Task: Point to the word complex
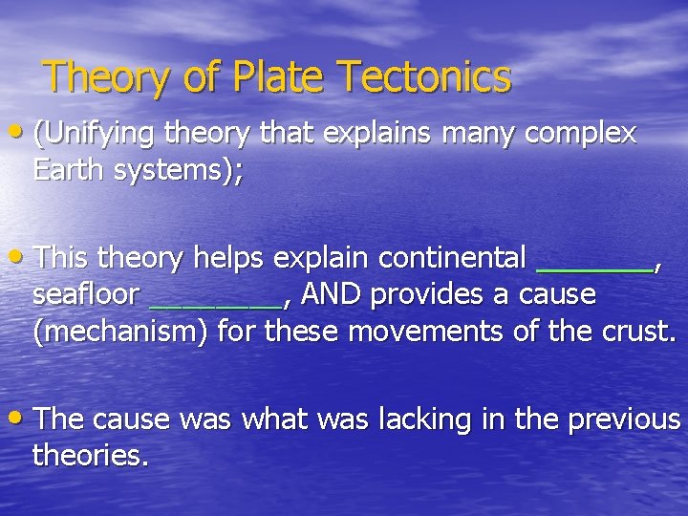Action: pyautogui.click(x=581, y=135)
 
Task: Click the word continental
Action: pyautogui.click(x=452, y=258)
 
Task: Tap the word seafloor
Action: pyautogui.click(x=87, y=295)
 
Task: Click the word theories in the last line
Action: pyautogui.click(x=89, y=456)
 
